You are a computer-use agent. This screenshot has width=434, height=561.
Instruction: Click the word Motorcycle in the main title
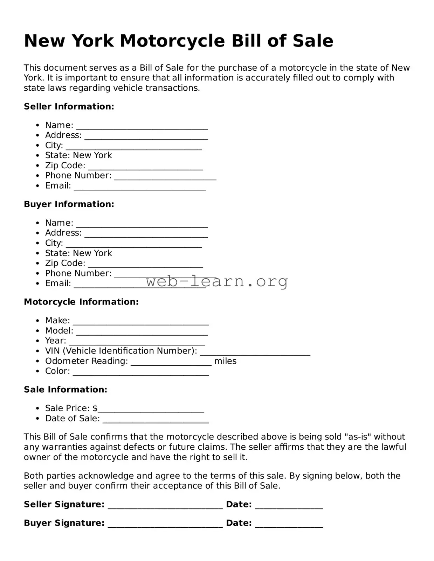coord(172,41)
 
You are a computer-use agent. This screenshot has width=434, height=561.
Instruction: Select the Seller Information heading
coord(69,106)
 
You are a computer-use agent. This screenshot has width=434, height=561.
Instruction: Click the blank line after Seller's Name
coord(142,127)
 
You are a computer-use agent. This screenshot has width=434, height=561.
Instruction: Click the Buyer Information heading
coord(69,204)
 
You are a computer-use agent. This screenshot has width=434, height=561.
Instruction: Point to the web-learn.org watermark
coord(217,281)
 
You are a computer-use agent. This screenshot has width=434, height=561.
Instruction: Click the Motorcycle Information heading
coord(81,302)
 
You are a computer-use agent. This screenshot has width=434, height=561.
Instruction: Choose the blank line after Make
coord(140,323)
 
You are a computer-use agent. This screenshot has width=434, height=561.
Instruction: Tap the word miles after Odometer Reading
coord(225,361)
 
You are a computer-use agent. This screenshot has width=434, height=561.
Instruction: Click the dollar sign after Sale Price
coord(95,408)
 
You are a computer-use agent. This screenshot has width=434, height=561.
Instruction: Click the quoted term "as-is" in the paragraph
coord(358,437)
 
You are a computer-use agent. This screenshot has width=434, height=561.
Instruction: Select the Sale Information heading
coord(66,390)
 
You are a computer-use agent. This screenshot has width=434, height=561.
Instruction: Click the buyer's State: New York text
coord(78,253)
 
